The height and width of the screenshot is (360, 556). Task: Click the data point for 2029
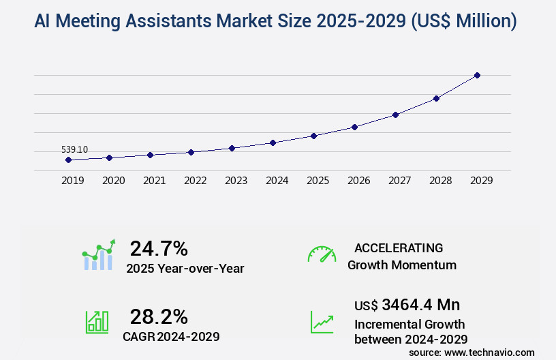pyautogui.click(x=477, y=75)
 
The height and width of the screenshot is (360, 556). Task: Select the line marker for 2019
pyautogui.click(x=68, y=160)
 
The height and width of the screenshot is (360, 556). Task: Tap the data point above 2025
pyautogui.click(x=313, y=136)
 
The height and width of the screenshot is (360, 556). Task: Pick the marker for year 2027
pyautogui.click(x=395, y=115)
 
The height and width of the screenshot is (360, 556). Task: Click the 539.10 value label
pyautogui.click(x=75, y=149)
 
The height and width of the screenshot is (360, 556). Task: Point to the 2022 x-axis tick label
pyautogui.click(x=195, y=181)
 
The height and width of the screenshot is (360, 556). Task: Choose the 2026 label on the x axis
pyautogui.click(x=358, y=181)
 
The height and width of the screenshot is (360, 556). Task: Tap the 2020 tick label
pyautogui.click(x=113, y=181)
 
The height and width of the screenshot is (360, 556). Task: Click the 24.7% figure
pyautogui.click(x=159, y=248)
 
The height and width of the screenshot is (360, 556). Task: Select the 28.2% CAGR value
pyautogui.click(x=159, y=316)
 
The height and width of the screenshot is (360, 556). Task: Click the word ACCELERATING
pyautogui.click(x=399, y=248)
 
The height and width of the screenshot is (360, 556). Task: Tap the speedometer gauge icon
pyautogui.click(x=322, y=254)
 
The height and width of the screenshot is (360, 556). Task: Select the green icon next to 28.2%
pyautogui.click(x=97, y=322)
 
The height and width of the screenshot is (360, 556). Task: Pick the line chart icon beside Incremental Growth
pyautogui.click(x=322, y=322)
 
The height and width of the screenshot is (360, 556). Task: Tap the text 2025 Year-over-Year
pyautogui.click(x=185, y=268)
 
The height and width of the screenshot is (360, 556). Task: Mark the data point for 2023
pyautogui.click(x=232, y=148)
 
